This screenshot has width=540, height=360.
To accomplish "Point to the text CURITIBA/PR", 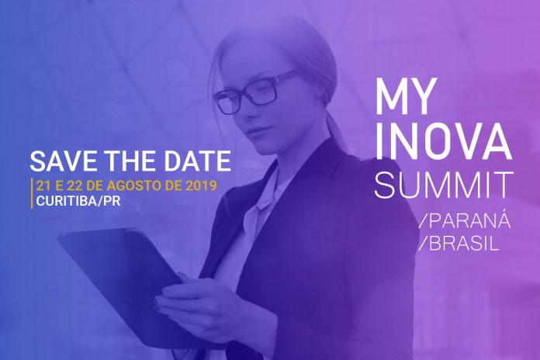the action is point(78,201).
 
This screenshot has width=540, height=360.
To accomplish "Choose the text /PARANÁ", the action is point(464,221).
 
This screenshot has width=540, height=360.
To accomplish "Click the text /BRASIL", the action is point(459,244).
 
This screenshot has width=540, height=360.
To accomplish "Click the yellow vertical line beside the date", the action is point(32,193).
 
